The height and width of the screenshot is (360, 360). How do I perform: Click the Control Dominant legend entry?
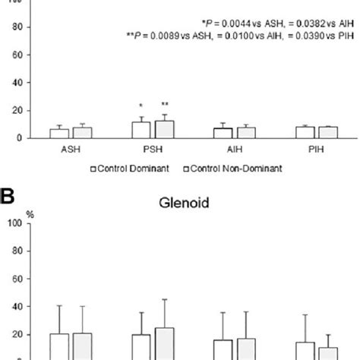(x=124, y=169)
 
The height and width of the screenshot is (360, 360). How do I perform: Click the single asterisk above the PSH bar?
(x=141, y=106)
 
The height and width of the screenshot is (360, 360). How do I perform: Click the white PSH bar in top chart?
(x=141, y=130)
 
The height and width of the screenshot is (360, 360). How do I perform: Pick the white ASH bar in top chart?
(x=59, y=134)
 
